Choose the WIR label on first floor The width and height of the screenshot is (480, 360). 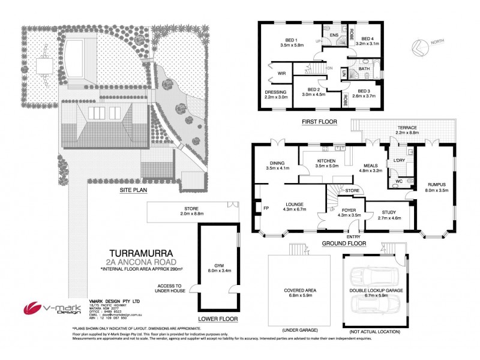tap(281, 73)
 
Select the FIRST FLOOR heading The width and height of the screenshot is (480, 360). tap(319, 121)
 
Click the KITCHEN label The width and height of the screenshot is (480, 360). tap(328, 162)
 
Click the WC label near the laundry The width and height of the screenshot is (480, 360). tap(398, 181)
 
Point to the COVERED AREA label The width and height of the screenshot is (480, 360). tap(299, 292)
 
